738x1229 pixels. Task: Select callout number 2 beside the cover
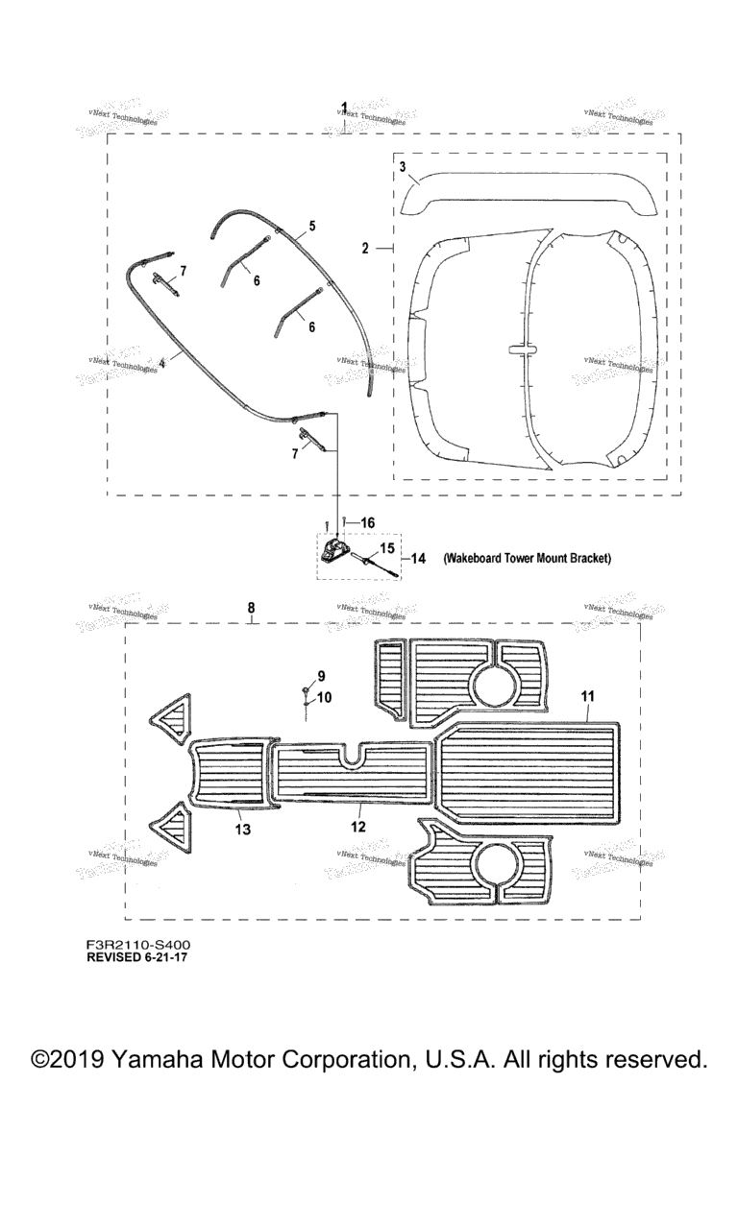coord(366,249)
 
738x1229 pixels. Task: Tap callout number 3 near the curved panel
coord(404,167)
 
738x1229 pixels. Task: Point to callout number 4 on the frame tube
coord(162,363)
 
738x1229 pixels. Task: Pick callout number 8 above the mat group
coord(251,608)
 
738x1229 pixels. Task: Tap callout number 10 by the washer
coord(324,698)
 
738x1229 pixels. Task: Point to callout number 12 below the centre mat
coord(357,825)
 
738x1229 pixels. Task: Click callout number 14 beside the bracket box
coord(418,558)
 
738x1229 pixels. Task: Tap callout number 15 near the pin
coord(386,547)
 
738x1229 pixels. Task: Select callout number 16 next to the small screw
coord(367,521)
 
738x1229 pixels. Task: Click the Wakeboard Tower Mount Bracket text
coord(527,558)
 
